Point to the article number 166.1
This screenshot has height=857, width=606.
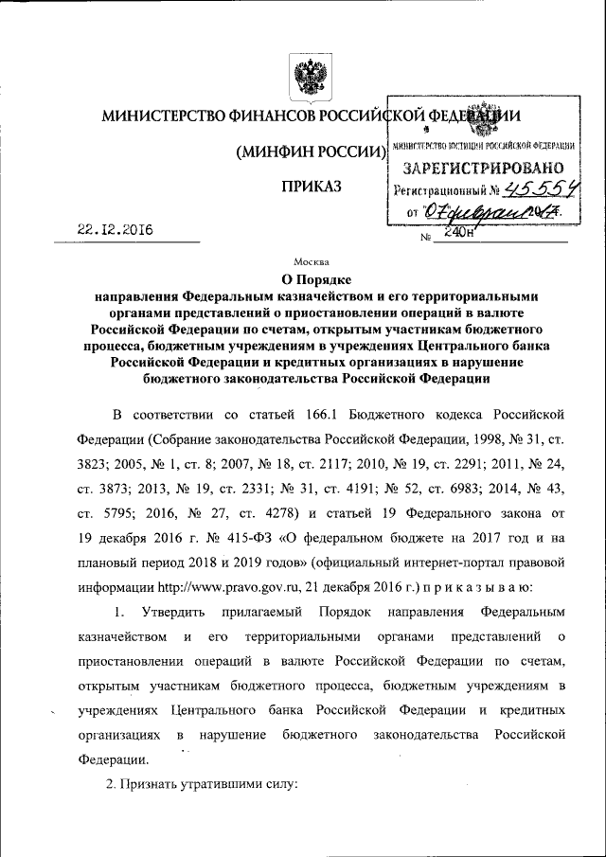click(306, 415)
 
